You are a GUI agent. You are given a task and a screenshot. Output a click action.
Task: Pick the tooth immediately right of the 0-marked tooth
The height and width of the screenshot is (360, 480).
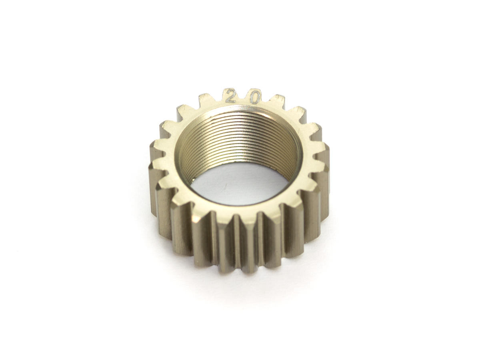pyautogui.click(x=280, y=102)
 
